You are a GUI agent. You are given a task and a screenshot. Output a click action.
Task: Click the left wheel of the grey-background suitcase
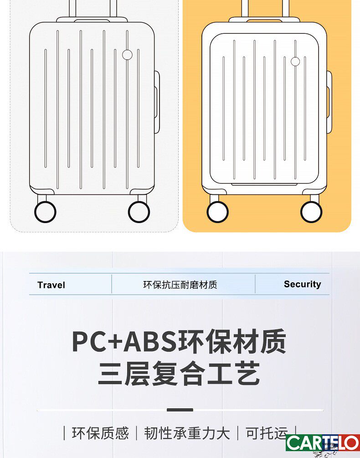[45, 212]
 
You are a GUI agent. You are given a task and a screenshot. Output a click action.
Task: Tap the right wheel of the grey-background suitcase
[139, 212]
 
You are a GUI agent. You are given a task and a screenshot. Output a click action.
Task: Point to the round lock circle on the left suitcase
[127, 55]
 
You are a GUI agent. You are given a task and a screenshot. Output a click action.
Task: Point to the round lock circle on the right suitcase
[295, 62]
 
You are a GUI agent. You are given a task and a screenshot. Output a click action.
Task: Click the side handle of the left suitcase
[157, 103]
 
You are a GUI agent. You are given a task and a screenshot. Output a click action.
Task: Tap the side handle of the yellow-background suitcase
[329, 102]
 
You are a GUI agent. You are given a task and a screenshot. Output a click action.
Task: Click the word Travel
[51, 285]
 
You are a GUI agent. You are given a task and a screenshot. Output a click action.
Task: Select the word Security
[302, 284]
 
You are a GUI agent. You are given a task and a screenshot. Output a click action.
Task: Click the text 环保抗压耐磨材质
[180, 285]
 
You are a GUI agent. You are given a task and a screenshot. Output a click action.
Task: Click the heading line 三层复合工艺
[179, 374]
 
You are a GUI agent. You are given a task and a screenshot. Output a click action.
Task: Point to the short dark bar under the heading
[180, 410]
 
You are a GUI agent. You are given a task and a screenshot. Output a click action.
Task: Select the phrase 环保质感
[100, 433]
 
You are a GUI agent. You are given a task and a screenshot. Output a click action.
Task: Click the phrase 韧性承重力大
[187, 433]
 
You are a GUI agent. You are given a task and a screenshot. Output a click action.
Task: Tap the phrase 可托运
[267, 433]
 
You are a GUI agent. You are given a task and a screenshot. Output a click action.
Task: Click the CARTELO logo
[323, 443]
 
